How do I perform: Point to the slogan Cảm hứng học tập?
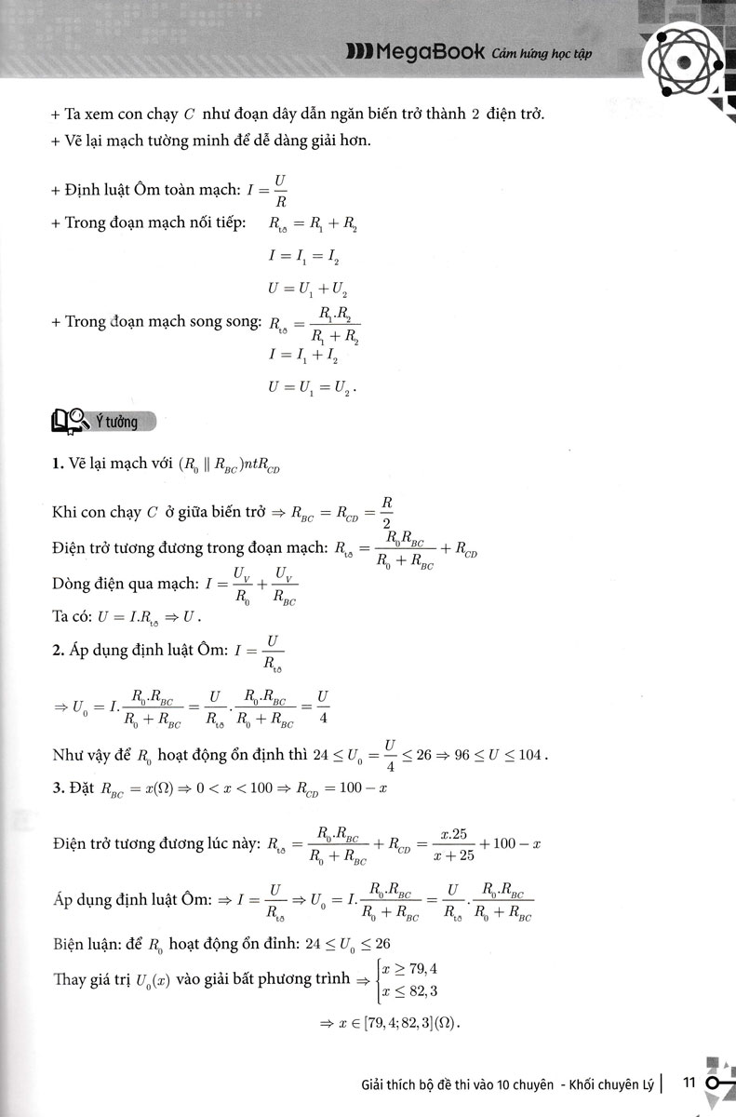pyautogui.click(x=540, y=53)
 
